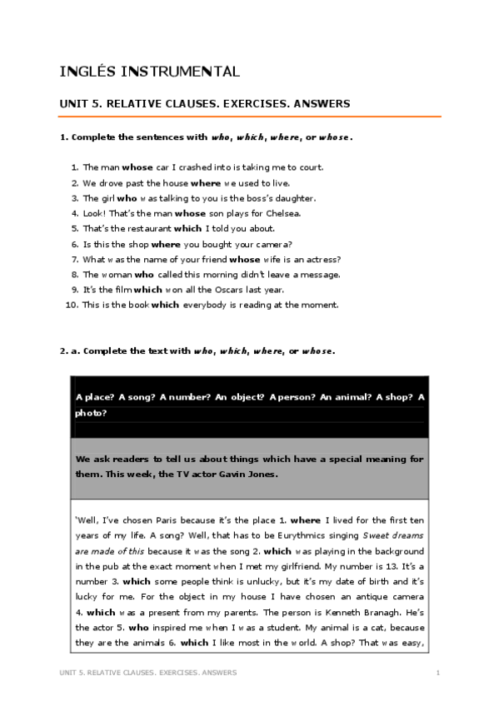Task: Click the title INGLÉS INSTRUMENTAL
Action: [x=150, y=72]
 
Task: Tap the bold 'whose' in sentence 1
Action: [x=137, y=167]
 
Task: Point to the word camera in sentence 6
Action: [x=272, y=244]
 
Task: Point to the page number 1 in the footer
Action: [x=437, y=672]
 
